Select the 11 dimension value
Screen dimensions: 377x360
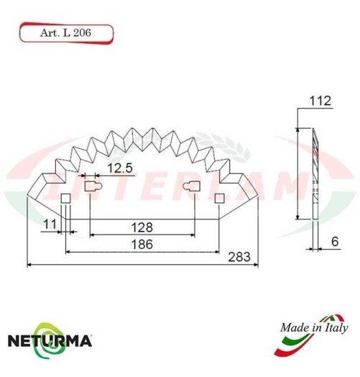[49, 225]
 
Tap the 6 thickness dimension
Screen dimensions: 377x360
[335, 242]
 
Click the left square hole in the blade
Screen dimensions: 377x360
[65, 198]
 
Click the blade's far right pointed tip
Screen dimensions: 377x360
[260, 195]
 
